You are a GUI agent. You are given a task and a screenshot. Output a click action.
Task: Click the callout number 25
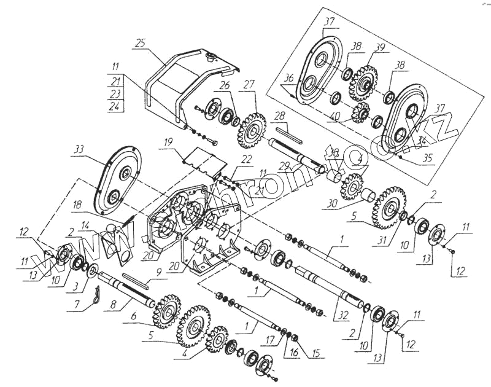(x=141, y=43)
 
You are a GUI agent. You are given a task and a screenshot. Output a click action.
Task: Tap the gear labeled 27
(x=252, y=130)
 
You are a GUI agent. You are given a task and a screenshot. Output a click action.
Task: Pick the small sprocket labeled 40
(x=361, y=112)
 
